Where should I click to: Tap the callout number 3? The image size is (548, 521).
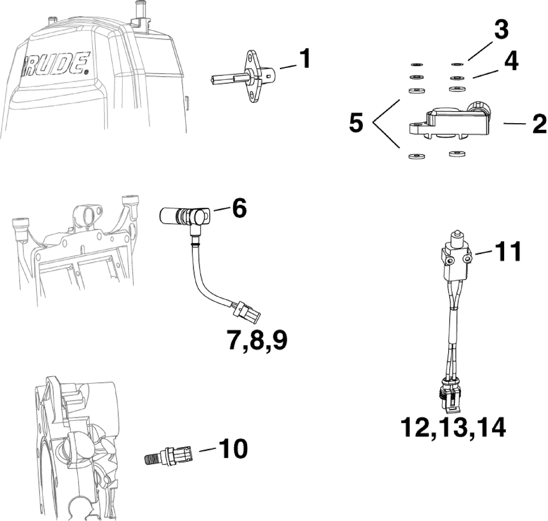pos(501,31)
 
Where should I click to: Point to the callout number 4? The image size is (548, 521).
pos(511,62)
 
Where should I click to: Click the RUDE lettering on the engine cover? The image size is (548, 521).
pos(55,64)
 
